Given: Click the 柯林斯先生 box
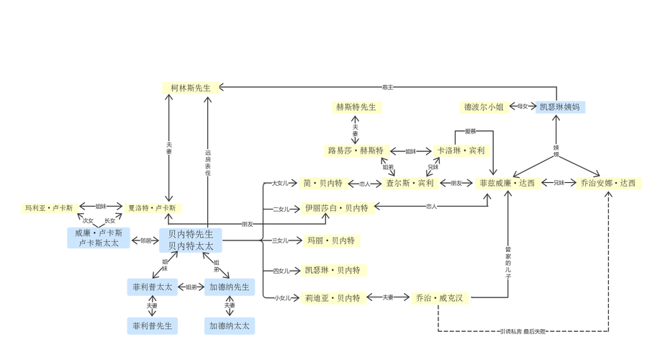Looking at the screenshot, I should pyautogui.click(x=190, y=88).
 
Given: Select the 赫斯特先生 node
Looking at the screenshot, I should pyautogui.click(x=356, y=107).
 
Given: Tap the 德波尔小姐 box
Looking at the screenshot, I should pyautogui.click(x=484, y=107).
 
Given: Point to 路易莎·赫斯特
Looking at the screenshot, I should pyautogui.click(x=355, y=151).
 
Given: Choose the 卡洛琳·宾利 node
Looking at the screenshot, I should pyautogui.click(x=461, y=151).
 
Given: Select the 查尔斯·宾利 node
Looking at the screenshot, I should pyautogui.click(x=410, y=183).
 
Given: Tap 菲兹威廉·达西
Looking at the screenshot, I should pyautogui.click(x=507, y=183).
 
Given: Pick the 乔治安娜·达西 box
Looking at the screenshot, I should pyautogui.click(x=608, y=183).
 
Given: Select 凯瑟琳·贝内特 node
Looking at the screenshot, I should pyautogui.click(x=332, y=271).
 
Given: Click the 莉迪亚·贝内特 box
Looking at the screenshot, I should pyautogui.click(x=332, y=297).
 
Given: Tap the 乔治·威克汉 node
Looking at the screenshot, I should pyautogui.click(x=440, y=297).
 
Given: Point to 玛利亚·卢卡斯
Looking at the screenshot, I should pyautogui.click(x=49, y=209).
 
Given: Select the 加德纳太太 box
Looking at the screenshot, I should pyautogui.click(x=230, y=325).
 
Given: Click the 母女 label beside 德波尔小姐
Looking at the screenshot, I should pyautogui.click(x=521, y=107).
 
